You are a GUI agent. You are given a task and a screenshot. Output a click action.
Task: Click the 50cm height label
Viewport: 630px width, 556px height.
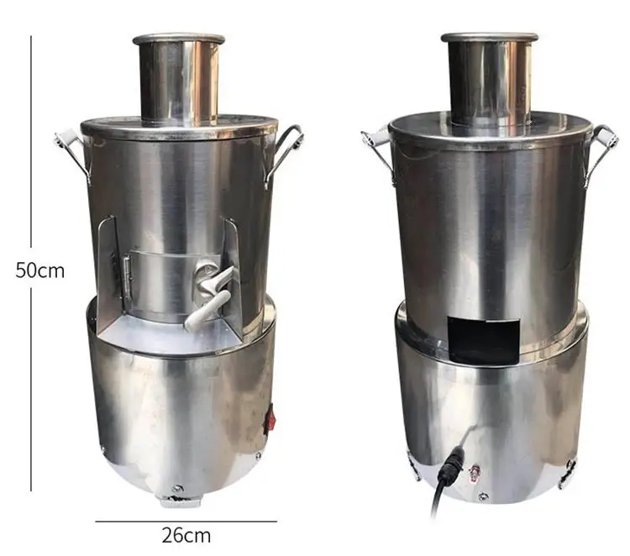39,270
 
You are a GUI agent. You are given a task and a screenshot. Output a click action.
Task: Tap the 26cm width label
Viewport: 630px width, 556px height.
186,536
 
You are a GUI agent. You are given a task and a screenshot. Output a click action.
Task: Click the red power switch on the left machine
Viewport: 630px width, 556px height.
270,421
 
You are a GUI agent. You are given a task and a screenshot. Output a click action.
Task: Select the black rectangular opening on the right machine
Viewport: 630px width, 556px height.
483,338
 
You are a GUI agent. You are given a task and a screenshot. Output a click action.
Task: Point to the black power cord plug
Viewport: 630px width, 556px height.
452,465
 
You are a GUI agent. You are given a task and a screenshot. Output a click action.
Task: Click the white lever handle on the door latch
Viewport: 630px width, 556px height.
207,309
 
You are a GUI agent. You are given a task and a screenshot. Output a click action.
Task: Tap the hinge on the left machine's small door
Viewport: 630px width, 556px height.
126,277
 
